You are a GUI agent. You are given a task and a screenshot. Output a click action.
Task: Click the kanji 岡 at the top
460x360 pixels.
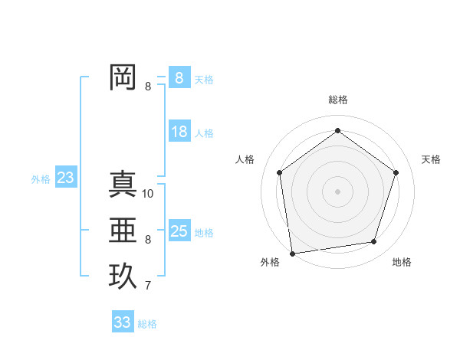(123, 77)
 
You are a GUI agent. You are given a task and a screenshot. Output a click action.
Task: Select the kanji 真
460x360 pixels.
(123, 184)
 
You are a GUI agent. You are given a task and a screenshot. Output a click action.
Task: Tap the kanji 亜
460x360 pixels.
(123, 230)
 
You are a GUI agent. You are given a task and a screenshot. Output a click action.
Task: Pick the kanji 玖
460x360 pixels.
(123, 276)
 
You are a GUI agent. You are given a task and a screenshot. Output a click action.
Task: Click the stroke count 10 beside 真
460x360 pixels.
(148, 193)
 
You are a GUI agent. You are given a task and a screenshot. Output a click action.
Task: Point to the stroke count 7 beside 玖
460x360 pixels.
(148, 286)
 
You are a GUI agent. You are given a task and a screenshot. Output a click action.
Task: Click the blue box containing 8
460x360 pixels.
(179, 77)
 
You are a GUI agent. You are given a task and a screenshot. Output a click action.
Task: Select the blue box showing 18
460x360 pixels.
(179, 132)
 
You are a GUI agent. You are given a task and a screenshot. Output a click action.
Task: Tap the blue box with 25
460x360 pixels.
(179, 231)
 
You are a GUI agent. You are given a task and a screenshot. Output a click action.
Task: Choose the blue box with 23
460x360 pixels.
(65, 178)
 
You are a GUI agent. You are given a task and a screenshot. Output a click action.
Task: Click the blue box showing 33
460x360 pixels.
(122, 322)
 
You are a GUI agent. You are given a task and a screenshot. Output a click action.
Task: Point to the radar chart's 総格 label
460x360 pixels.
(337, 100)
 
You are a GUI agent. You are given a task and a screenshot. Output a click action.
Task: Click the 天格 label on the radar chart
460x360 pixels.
(431, 159)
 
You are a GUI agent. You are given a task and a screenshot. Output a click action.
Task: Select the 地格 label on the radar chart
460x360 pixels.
(402, 262)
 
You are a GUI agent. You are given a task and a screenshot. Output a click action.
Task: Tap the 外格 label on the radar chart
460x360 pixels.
(270, 262)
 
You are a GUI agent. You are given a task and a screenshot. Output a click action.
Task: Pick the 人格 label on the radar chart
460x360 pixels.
(245, 159)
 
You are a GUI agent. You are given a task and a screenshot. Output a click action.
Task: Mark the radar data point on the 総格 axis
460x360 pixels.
(337, 130)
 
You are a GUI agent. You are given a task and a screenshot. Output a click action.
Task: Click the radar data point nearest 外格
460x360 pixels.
(292, 253)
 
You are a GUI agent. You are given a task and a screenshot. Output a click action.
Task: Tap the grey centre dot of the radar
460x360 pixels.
(337, 191)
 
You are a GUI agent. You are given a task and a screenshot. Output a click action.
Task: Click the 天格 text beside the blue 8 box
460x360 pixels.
(203, 79)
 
